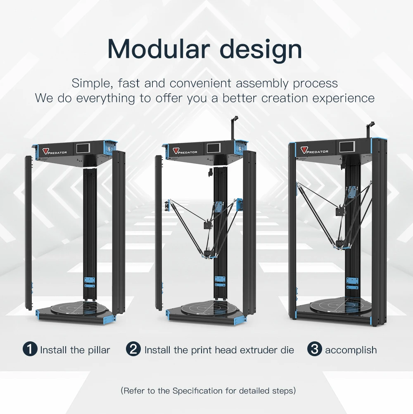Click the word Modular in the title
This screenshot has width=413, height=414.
coord(155,49)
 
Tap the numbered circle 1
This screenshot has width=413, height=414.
coord(30,350)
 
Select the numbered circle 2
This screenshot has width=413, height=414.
coord(133,350)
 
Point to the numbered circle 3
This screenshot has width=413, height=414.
coord(314,350)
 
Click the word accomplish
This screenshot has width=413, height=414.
coord(351,350)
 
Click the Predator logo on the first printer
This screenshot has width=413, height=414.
coord(55,151)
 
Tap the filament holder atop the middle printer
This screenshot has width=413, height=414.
coord(234,124)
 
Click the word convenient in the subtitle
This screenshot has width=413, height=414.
coord(201,83)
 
